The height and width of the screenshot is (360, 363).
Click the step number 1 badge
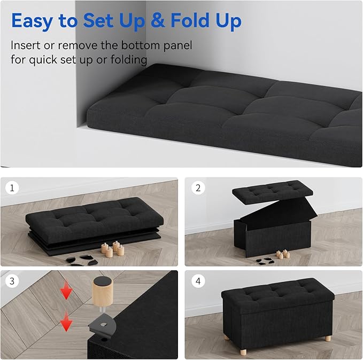coord(11,188)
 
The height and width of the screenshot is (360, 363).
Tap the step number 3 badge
coord(11,280)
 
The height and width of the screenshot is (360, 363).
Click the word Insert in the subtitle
coord(25,45)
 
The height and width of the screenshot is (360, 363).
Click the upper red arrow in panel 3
coord(66,292)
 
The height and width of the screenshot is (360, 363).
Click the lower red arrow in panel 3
coord(66,322)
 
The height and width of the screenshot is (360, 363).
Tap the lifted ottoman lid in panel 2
coord(265,191)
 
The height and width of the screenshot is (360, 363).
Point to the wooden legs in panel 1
coord(113,248)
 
